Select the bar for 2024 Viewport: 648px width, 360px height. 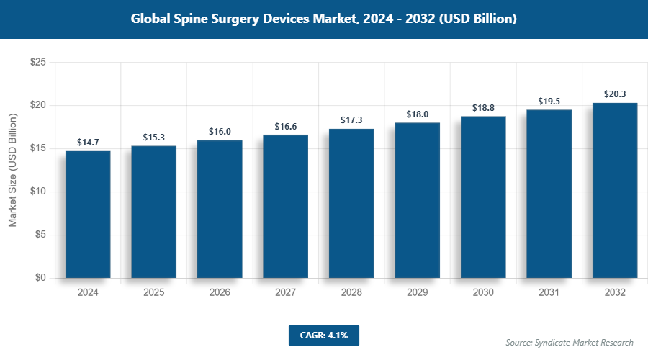88,215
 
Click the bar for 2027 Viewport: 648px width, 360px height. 285,206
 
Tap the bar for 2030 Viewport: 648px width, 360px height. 483,197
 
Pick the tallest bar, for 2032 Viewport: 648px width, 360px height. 615,190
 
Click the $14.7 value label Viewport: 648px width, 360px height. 88,143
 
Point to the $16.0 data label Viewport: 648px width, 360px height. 220,132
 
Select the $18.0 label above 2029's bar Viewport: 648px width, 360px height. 418,114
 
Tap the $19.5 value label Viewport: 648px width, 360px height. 549,102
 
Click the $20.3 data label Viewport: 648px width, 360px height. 615,94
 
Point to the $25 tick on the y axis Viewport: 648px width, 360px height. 38,63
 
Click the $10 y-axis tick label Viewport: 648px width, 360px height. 38,192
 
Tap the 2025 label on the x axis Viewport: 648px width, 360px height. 153,293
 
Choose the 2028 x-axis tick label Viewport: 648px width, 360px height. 351,293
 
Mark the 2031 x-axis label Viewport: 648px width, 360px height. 549,293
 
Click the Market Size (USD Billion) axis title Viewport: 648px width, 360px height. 13,171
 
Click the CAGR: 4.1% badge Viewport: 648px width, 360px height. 323,335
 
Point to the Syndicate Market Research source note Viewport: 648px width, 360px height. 570,343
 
